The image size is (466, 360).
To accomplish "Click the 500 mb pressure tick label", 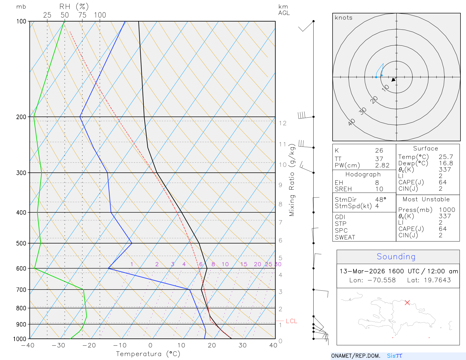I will tap(21, 243).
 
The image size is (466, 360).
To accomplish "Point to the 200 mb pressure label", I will tap(21, 117).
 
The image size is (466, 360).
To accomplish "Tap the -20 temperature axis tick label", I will tap(89, 345).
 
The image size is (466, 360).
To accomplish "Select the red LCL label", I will tap(291, 321).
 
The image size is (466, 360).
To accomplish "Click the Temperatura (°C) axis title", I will tap(148, 354).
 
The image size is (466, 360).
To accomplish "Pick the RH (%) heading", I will tap(74, 7).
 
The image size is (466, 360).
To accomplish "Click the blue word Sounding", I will tap(396, 257).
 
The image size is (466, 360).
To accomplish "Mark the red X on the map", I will tap(407, 303).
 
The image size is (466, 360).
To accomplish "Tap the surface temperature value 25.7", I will tap(446, 157).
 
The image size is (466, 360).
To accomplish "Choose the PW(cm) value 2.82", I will tap(382, 165).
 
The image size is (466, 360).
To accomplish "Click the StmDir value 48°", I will tap(380, 200).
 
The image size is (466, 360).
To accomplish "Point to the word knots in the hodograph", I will tap(343, 18).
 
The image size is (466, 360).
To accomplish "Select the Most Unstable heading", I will tap(426, 200).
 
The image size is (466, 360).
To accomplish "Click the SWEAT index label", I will tap(345, 237).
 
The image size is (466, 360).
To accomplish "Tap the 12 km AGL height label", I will tap(283, 123).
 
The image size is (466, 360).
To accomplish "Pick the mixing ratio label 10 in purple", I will tap(225, 264).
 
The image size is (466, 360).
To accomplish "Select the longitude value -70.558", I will tap(382, 280).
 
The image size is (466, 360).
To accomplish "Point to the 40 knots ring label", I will tap(352, 122).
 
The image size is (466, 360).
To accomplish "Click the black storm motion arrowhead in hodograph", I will tap(394, 80).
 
